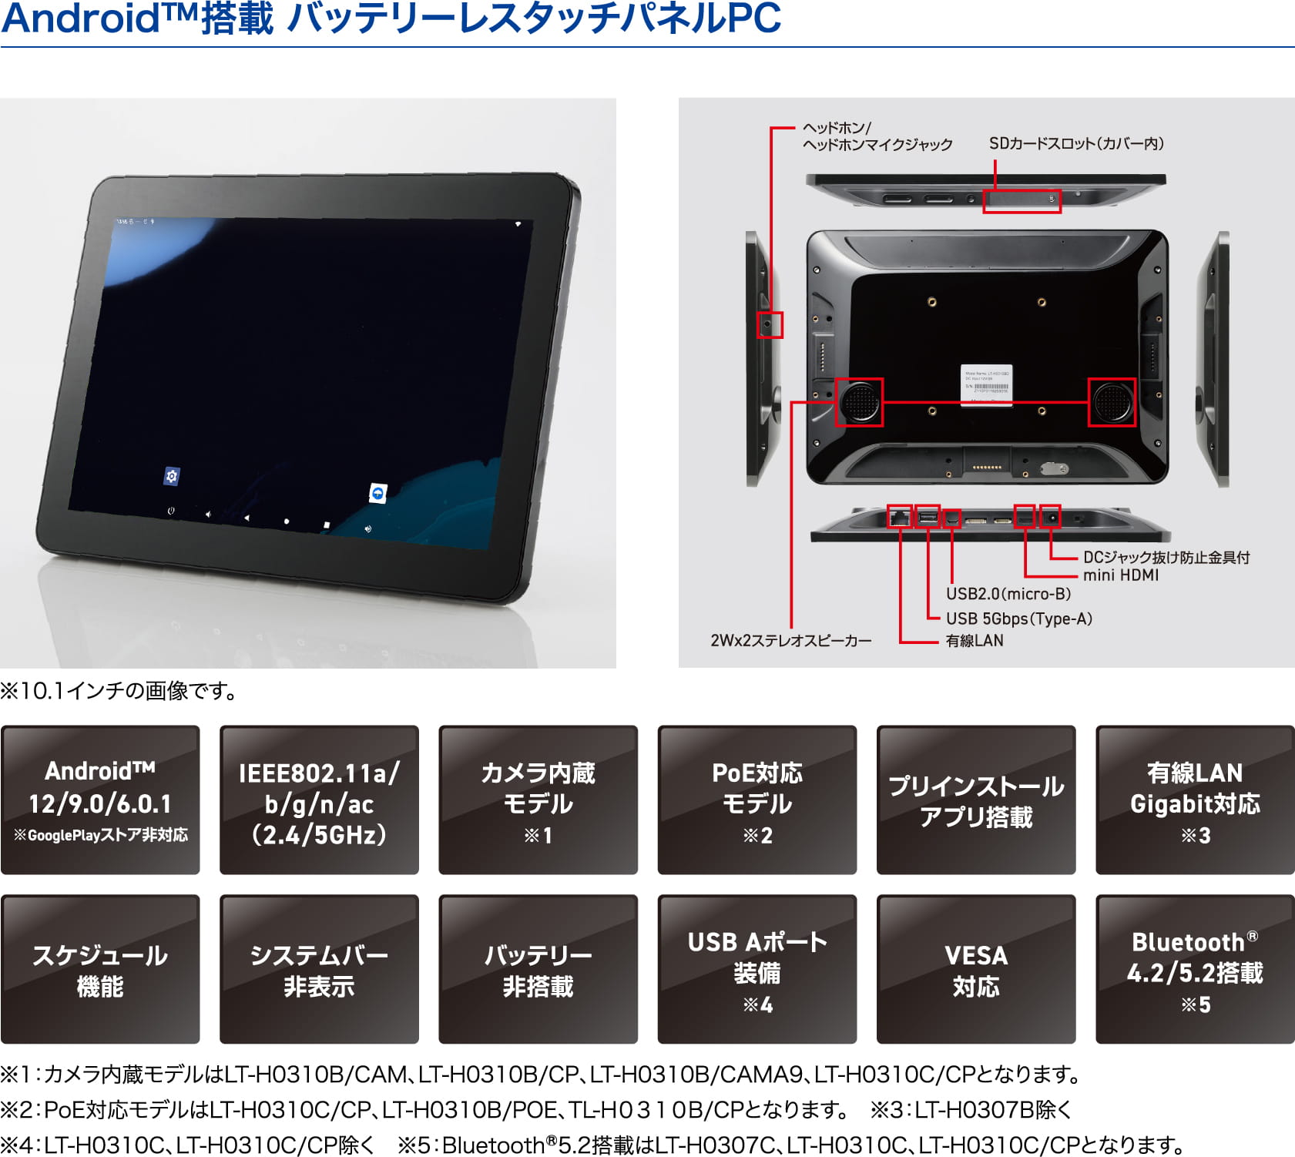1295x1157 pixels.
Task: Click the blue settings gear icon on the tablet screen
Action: click(x=172, y=476)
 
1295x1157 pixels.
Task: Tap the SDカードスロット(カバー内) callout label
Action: click(x=1076, y=143)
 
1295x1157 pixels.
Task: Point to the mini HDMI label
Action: click(x=1121, y=575)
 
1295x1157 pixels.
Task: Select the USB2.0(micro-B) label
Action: click(x=1008, y=594)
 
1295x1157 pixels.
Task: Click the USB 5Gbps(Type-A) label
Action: click(x=1019, y=619)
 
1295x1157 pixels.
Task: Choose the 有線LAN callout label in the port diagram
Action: click(x=975, y=640)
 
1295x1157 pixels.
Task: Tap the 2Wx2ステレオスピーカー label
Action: click(x=791, y=640)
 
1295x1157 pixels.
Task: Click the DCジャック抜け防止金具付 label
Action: click(x=1166, y=557)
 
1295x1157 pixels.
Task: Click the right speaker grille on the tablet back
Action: click(x=1112, y=401)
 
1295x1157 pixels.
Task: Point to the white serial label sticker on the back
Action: click(x=987, y=384)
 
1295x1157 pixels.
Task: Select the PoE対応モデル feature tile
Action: click(x=757, y=800)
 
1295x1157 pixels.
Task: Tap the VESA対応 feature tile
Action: click(x=976, y=969)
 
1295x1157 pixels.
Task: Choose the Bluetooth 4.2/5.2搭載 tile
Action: click(x=1195, y=969)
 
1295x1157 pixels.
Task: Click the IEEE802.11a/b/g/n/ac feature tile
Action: click(x=319, y=800)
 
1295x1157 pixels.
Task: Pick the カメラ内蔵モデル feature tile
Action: click(x=538, y=800)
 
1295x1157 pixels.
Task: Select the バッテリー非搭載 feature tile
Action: click(x=538, y=969)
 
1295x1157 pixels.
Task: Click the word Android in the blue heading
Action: click(x=80, y=18)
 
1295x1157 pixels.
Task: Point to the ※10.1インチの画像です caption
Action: click(x=119, y=690)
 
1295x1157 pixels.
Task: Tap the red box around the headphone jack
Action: click(x=770, y=325)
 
